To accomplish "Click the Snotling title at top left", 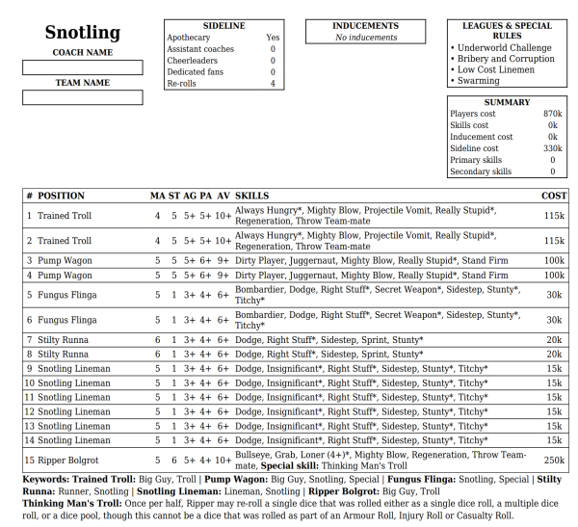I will click(x=82, y=33).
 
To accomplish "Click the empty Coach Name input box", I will click(x=82, y=67).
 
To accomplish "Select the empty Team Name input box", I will click(x=82, y=97).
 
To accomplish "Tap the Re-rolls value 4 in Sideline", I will click(x=273, y=84).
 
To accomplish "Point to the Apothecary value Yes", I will click(x=273, y=38).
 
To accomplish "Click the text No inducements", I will click(x=365, y=38).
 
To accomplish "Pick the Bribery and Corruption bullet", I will click(x=505, y=59).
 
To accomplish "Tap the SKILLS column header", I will click(x=251, y=196).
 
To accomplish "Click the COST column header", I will click(x=554, y=196).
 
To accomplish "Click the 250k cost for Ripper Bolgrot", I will click(x=554, y=461).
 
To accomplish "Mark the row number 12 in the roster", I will click(x=31, y=411).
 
